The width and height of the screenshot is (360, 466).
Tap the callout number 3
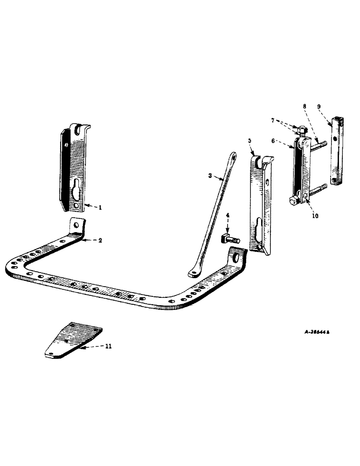[x=210, y=176]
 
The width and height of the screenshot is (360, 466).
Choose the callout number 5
[x=249, y=140]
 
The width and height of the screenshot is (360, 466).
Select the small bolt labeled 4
[x=228, y=240]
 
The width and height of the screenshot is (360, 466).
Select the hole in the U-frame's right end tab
[x=236, y=256]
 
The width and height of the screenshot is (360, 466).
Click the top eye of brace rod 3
[x=233, y=156]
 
